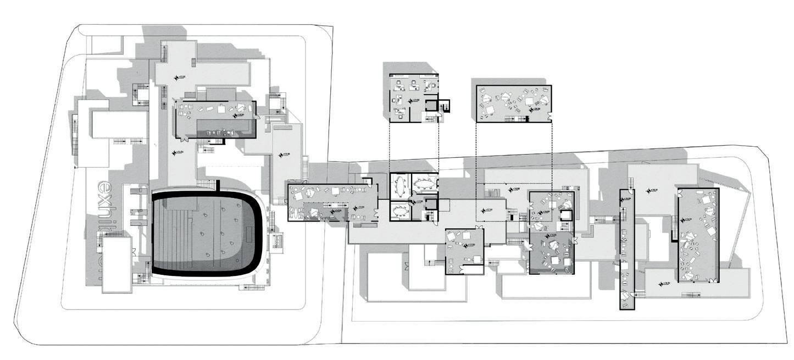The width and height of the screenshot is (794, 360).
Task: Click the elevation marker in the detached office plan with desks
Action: (410, 100)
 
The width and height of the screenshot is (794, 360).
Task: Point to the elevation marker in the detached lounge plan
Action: (531, 108)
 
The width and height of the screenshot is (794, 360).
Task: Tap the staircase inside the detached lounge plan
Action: (516, 119)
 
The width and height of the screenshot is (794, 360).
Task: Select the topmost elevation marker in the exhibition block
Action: (176, 77)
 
